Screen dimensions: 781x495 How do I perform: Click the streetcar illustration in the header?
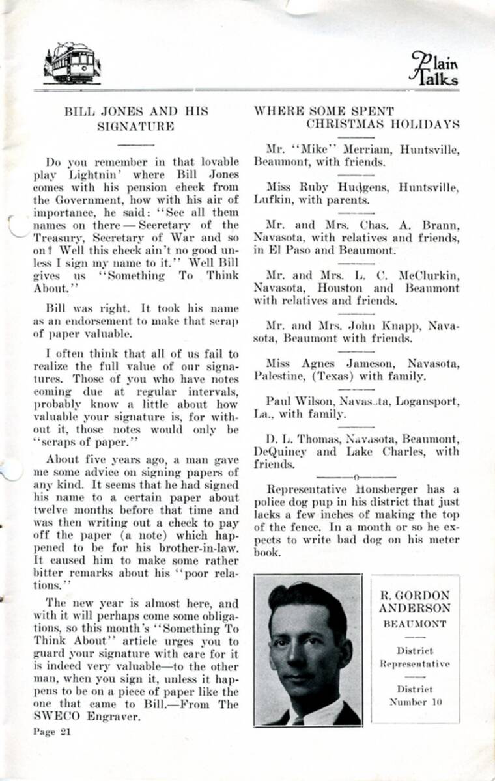pos(72,62)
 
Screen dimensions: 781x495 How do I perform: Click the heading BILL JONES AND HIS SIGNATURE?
pos(136,118)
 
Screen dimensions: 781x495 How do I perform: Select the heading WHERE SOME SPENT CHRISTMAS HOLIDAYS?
pos(356,117)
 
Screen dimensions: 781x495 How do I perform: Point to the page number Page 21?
pos(52,731)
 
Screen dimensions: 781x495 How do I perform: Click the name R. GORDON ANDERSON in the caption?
pos(415,602)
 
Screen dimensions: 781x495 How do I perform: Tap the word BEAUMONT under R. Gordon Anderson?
pos(415,623)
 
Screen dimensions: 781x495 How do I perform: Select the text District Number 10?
pos(415,695)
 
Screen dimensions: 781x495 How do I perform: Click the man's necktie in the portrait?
pos(298,720)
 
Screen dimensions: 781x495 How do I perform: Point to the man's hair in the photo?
pos(306,599)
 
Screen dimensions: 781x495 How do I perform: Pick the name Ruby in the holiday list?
pos(314,187)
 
